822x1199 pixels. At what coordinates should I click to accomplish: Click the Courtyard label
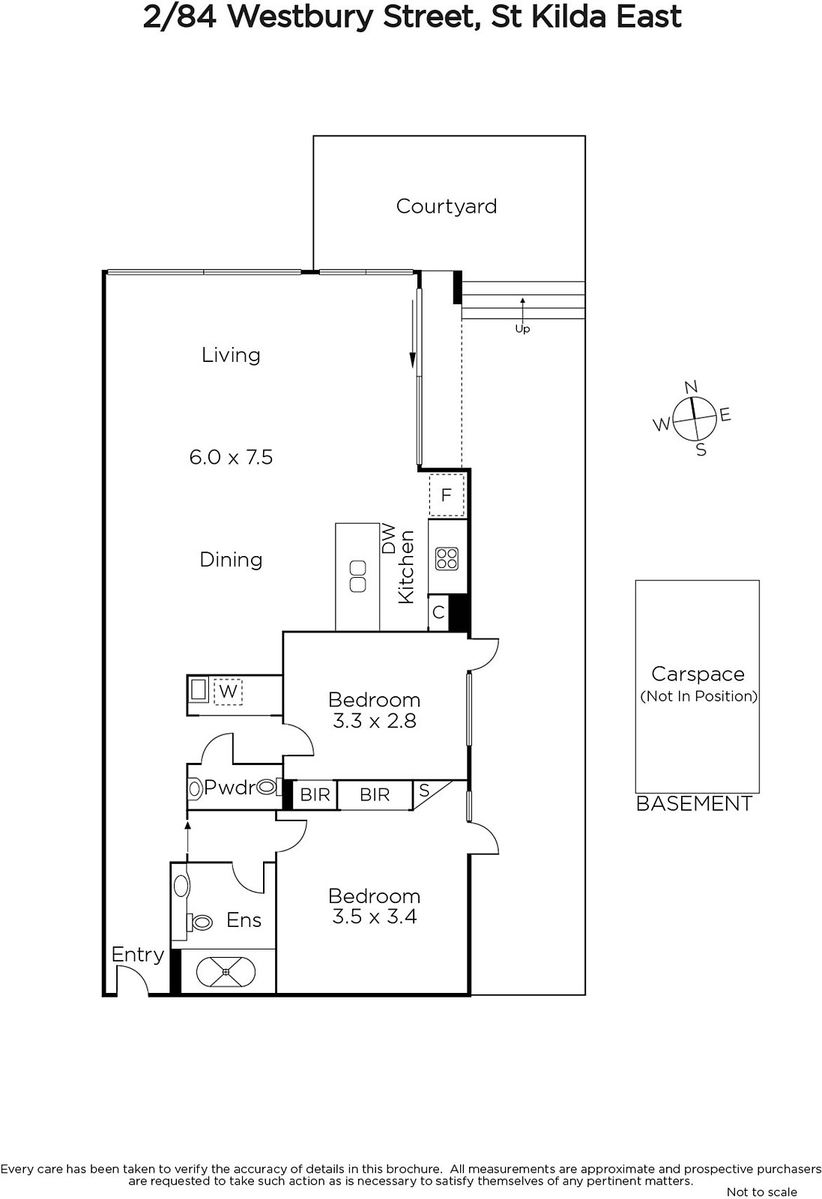[x=447, y=207]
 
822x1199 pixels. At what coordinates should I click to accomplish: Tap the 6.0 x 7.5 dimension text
[x=232, y=457]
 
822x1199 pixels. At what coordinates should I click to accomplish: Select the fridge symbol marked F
[x=447, y=495]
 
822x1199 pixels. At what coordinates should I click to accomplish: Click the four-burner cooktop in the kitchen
[x=447, y=559]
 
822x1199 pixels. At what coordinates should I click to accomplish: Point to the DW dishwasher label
[x=389, y=539]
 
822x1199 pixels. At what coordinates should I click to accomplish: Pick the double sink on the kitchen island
[x=357, y=576]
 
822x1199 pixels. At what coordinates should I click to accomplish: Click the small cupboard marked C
[x=438, y=612]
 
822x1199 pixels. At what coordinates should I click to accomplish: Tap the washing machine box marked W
[x=228, y=691]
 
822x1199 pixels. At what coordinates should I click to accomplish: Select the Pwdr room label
[x=229, y=788]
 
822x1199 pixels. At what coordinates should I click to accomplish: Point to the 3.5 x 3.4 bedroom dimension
[x=374, y=917]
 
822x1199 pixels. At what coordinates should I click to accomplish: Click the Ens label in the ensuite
[x=244, y=920]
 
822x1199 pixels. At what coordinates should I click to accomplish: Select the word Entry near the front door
[x=138, y=955]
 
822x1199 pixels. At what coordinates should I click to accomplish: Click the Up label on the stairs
[x=522, y=329]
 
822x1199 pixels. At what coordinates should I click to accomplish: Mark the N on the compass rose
[x=691, y=387]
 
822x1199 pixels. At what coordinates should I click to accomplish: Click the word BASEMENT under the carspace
[x=694, y=803]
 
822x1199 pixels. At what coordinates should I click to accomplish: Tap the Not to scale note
[x=761, y=1192]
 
